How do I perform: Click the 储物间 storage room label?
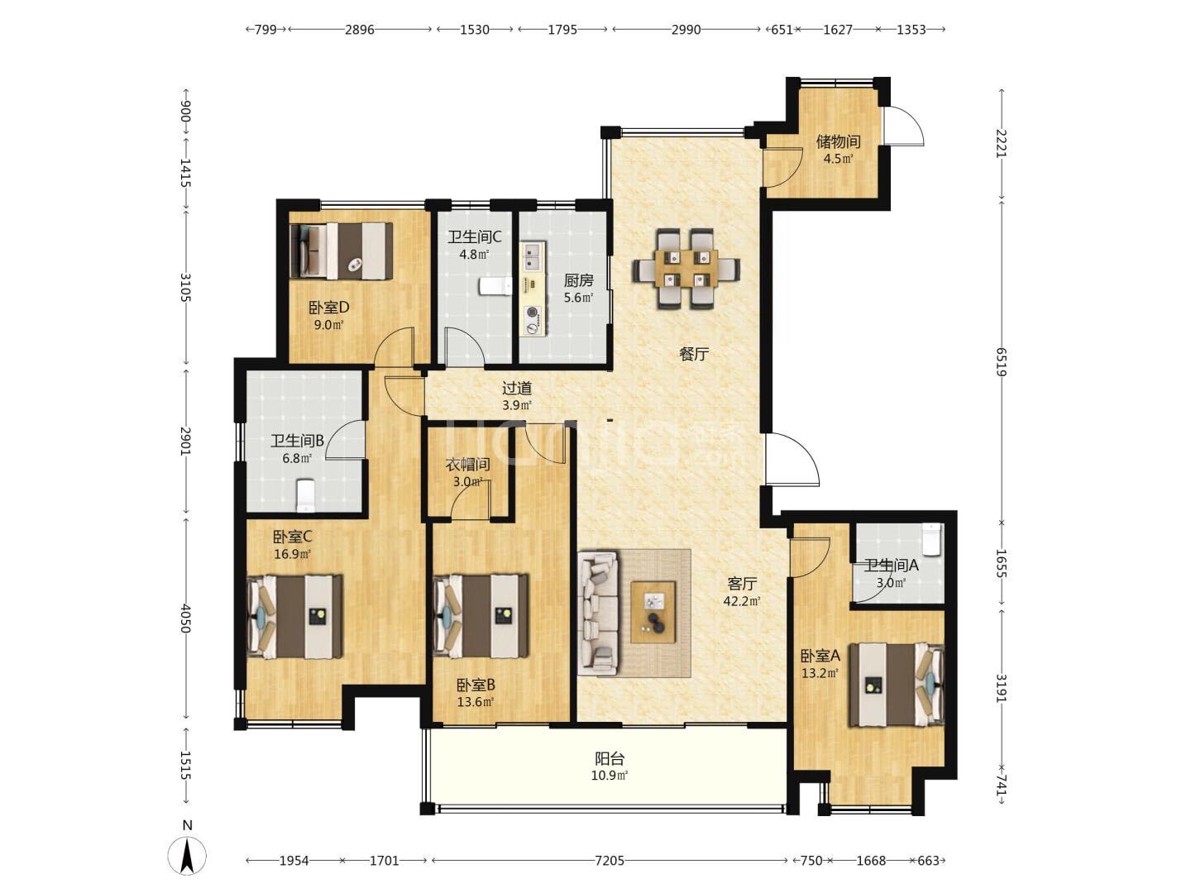point(838,141)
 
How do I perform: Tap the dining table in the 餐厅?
point(686,269)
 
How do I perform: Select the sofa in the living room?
point(597,614)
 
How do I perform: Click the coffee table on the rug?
point(653,612)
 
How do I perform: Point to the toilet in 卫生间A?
point(931,539)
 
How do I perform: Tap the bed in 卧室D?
point(341,251)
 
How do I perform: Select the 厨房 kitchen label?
point(578,280)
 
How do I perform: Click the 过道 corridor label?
point(517,389)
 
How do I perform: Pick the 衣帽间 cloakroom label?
point(468,464)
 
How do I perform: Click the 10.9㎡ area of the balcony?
point(610,776)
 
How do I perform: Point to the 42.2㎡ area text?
point(742,601)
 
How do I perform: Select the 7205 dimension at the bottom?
point(610,861)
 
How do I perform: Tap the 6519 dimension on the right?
point(1001,362)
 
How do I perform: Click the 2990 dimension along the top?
point(686,30)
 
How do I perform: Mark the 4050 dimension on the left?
point(185,618)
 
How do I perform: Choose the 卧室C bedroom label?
point(292,537)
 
